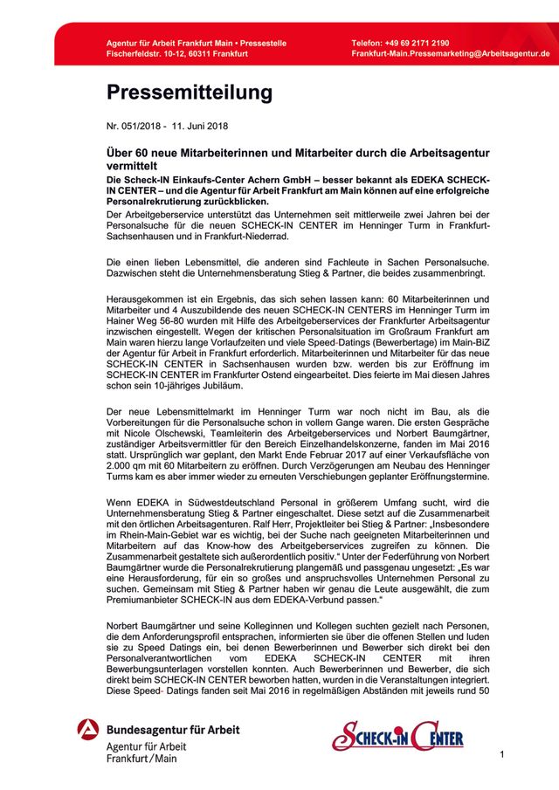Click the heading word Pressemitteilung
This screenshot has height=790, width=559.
190,92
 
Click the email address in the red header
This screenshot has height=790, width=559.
451,54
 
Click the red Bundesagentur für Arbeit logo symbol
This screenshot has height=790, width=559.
87,729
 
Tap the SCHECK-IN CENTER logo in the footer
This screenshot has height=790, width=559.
397,735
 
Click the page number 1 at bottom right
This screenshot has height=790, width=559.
502,754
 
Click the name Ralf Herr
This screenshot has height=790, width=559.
282,540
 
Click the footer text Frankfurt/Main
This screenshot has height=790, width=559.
141,759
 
